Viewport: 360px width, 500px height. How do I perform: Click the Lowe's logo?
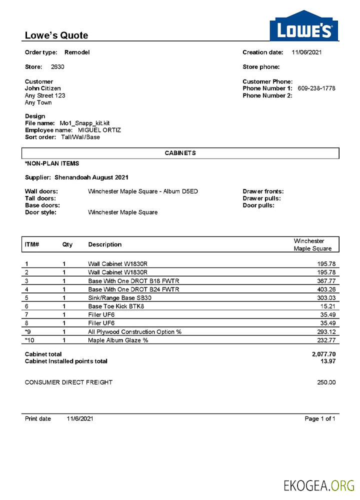304,26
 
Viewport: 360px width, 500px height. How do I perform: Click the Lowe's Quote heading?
56,35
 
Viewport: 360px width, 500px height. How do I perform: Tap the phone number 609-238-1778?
316,88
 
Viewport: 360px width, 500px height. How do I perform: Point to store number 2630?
57,67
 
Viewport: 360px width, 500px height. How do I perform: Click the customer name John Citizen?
43,88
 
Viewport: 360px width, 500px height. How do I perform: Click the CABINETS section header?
180,153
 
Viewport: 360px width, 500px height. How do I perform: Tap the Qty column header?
67,244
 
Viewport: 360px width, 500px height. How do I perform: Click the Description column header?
105,244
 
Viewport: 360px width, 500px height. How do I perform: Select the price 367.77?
325,281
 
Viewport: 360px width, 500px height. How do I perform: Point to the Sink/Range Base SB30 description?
119,297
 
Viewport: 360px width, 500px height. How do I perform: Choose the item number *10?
30,340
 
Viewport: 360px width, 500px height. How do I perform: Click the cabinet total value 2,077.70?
323,354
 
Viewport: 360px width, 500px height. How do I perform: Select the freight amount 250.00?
326,382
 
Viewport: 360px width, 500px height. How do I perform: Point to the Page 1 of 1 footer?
319,418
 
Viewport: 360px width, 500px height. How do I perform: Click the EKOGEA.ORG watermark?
319,485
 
